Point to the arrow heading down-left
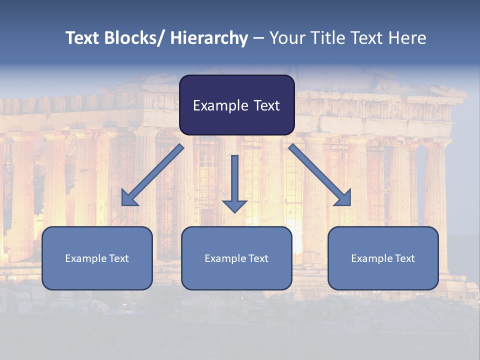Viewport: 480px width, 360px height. (x=152, y=175)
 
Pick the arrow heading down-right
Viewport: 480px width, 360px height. (x=320, y=175)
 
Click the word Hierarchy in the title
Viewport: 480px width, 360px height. (x=209, y=38)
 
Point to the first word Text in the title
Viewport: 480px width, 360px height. (x=83, y=38)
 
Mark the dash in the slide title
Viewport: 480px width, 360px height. (x=258, y=38)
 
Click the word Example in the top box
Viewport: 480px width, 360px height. (x=220, y=105)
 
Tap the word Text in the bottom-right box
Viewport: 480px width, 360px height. (x=403, y=258)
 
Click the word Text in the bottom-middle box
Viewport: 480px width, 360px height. (x=256, y=258)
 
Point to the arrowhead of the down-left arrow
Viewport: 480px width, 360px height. (x=128, y=198)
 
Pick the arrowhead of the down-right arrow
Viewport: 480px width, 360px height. (x=344, y=198)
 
